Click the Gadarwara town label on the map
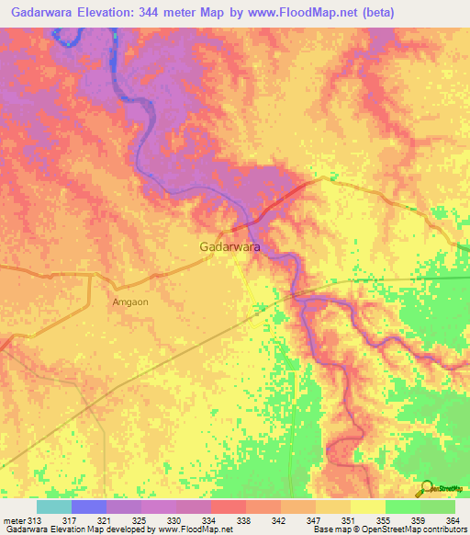click(x=229, y=247)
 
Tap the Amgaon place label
click(x=129, y=301)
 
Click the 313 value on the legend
click(x=35, y=521)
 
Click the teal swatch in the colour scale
click(x=54, y=507)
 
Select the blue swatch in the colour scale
click(x=89, y=507)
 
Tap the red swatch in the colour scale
click(x=229, y=507)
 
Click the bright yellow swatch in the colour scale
click(x=368, y=507)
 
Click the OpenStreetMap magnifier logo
click(x=426, y=490)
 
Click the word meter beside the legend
click(x=13, y=521)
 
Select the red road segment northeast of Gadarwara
click(x=270, y=207)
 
